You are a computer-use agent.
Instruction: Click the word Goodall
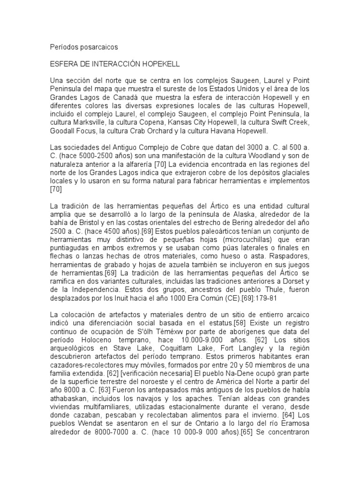tap(63, 131)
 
